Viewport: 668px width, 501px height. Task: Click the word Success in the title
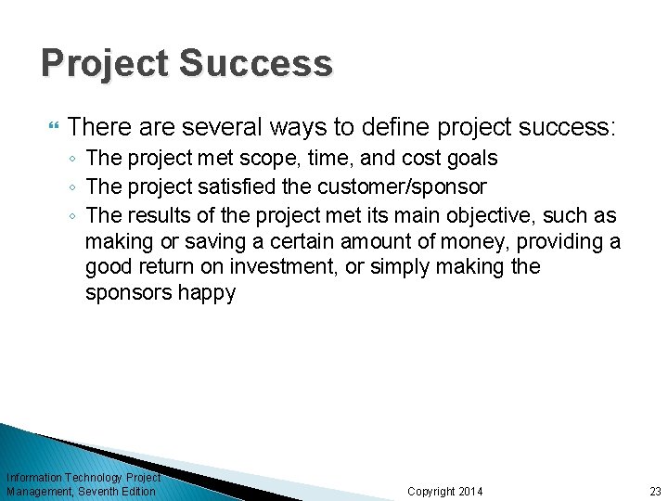coord(255,64)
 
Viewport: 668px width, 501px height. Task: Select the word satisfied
coord(229,186)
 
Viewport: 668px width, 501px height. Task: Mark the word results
coord(153,215)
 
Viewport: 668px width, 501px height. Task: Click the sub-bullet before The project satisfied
coord(72,187)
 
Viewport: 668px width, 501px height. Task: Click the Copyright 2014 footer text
coord(445,491)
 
